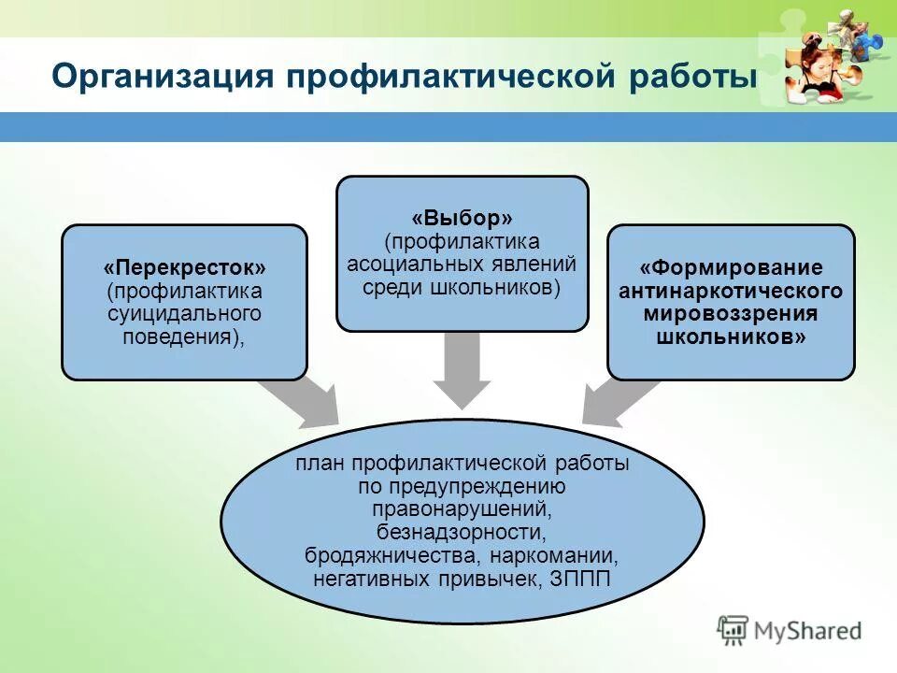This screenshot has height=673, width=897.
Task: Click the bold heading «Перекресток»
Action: point(184,269)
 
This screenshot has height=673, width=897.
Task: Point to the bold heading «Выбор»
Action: point(462,220)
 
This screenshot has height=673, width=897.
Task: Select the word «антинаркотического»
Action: point(730,292)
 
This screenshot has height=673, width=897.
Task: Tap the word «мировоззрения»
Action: point(730,314)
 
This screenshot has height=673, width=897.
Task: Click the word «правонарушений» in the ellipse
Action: point(462,509)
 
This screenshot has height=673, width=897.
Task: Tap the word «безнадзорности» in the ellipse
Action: point(462,533)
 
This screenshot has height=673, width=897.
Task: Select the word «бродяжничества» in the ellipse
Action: point(388,556)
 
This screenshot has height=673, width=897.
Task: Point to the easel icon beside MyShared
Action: point(733,630)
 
